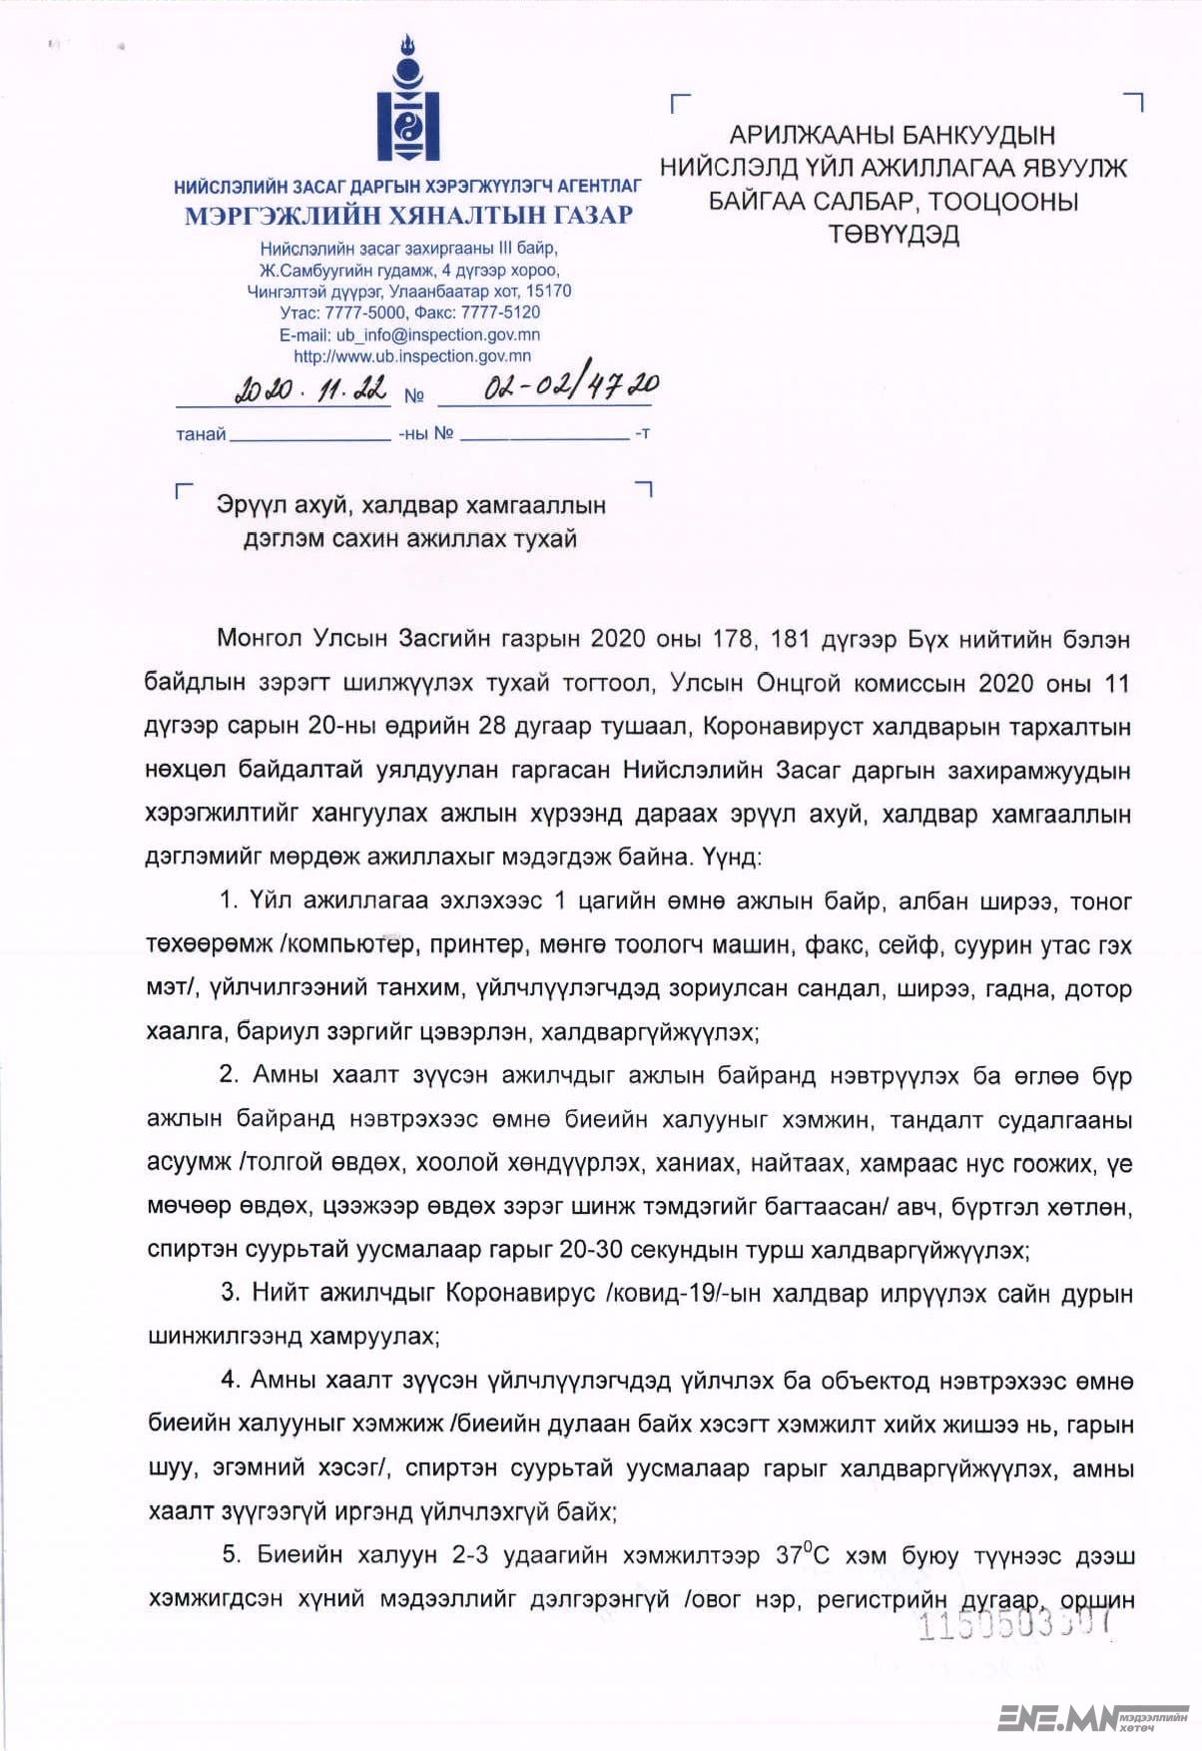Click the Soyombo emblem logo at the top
[x=407, y=100]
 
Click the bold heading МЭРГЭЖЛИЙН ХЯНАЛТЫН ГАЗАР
[x=408, y=215]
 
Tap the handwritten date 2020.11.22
[x=310, y=388]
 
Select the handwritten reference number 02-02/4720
[x=570, y=385]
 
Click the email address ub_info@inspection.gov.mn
[x=437, y=334]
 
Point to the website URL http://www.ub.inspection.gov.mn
[x=411, y=355]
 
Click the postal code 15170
[x=548, y=292]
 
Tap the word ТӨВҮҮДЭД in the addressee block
[x=894, y=235]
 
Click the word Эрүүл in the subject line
[x=245, y=505]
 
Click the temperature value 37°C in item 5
[x=802, y=1555]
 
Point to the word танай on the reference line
[x=201, y=434]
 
